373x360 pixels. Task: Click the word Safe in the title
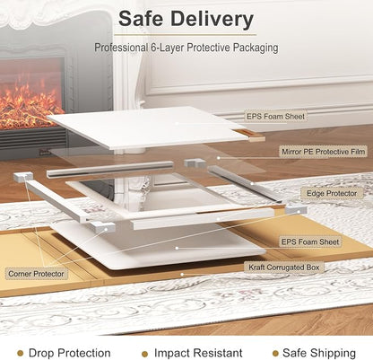click(141, 19)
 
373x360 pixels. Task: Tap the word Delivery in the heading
click(213, 20)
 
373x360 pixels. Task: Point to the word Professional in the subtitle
click(121, 48)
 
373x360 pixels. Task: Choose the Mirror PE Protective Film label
click(324, 152)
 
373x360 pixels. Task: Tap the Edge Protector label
click(332, 193)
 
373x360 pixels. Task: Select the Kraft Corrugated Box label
click(284, 268)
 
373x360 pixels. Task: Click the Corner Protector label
click(36, 274)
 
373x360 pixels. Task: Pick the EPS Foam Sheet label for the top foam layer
click(275, 117)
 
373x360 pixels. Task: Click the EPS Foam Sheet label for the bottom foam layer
click(310, 241)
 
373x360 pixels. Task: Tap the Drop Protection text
click(69, 353)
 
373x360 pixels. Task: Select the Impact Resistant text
click(198, 353)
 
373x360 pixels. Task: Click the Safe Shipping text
click(319, 353)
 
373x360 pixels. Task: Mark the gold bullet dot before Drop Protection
click(21, 354)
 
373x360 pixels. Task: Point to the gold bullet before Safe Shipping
click(275, 354)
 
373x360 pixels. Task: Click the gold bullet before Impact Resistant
click(145, 354)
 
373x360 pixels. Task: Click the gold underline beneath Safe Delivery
click(185, 35)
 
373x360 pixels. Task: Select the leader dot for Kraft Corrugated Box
click(182, 274)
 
